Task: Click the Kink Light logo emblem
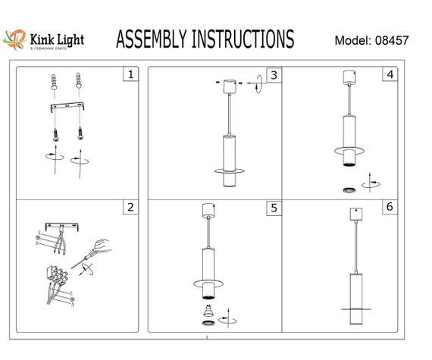pos(14,38)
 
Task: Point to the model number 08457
pos(392,39)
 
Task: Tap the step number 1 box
pos(131,74)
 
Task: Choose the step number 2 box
pos(131,207)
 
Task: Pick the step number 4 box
pos(390,74)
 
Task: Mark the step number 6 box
pos(390,207)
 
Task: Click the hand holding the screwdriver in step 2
pos(101,246)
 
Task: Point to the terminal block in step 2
pos(56,274)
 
